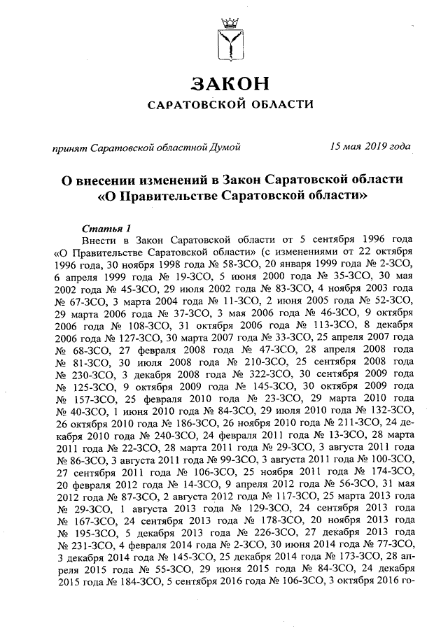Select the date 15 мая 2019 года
coord(370,147)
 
